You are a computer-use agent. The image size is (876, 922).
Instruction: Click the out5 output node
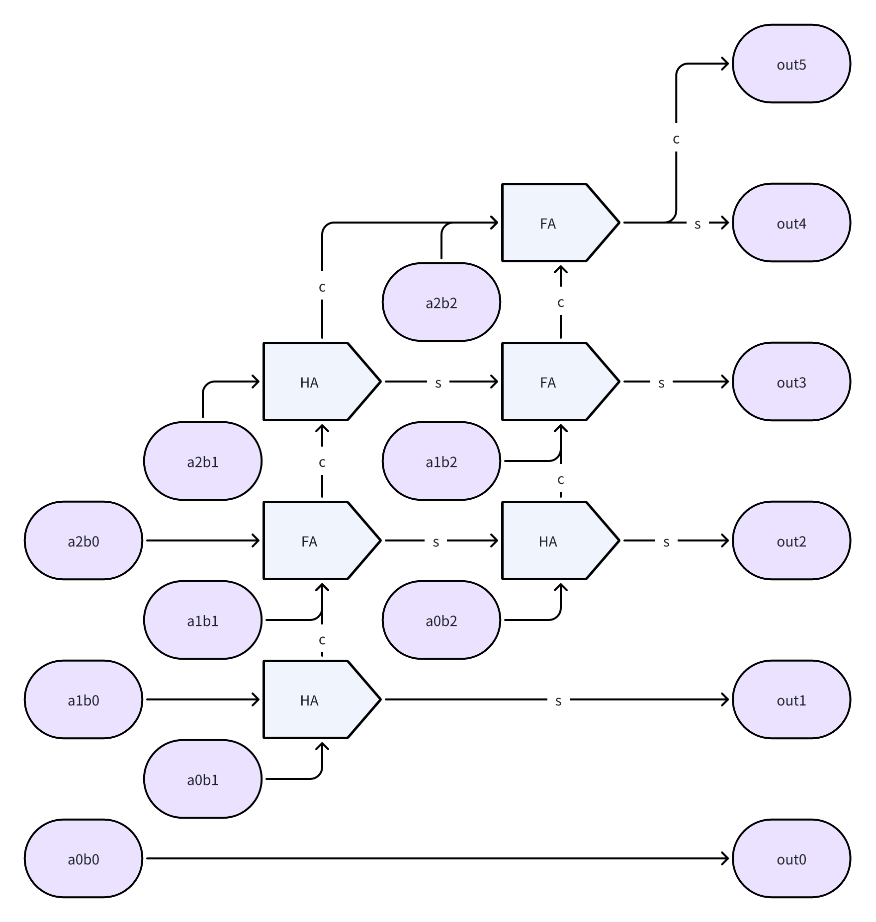(x=791, y=64)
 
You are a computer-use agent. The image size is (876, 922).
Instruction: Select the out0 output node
(x=791, y=859)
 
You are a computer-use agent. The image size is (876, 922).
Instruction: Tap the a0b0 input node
(x=84, y=859)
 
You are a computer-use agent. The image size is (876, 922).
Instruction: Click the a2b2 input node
(x=441, y=302)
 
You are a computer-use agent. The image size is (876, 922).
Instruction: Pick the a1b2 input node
(x=441, y=461)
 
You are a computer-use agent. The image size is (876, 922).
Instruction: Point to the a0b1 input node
(x=203, y=779)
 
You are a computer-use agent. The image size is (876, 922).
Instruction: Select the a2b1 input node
(x=203, y=461)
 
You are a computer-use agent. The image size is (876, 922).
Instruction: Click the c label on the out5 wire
(x=676, y=139)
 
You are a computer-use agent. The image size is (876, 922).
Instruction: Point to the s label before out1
(x=558, y=700)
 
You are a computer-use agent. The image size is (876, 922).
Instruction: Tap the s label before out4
(x=698, y=224)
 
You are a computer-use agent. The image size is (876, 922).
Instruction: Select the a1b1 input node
(x=203, y=620)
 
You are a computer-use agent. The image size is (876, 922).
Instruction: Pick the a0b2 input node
(x=441, y=620)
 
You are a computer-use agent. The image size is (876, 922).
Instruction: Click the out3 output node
(x=791, y=382)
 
